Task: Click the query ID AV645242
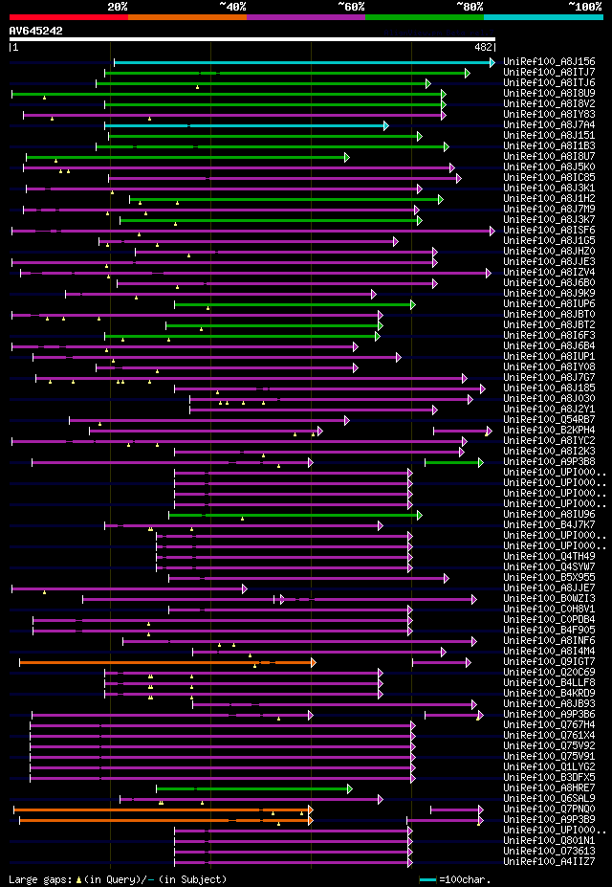(x=36, y=31)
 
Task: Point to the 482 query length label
(x=483, y=47)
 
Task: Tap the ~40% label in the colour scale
(x=232, y=6)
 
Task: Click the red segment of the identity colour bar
(x=68, y=16)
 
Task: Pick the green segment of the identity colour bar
(x=424, y=16)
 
